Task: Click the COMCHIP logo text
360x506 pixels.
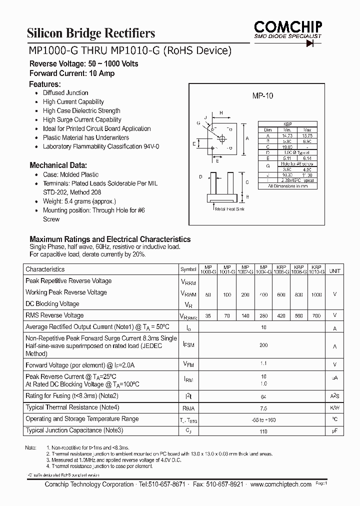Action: [x=287, y=26]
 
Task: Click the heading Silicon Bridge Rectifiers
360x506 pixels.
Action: [x=90, y=33]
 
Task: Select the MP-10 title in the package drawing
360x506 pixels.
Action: [x=262, y=97]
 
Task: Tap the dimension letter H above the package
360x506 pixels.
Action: [x=220, y=112]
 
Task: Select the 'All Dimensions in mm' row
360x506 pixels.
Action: [x=287, y=186]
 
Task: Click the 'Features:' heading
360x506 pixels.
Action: [x=45, y=84]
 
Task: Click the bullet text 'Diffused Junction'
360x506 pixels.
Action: [x=65, y=93]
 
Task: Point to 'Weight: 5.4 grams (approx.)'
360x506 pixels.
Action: [x=79, y=201]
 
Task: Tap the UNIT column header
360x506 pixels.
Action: [x=334, y=270]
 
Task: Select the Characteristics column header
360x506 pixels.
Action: [x=45, y=269]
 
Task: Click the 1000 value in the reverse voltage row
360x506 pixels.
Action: [x=316, y=295]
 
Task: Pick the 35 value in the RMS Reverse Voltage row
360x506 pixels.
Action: [x=208, y=316]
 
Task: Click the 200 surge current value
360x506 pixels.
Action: [x=263, y=345]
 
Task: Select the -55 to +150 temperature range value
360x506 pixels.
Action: [x=263, y=419]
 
